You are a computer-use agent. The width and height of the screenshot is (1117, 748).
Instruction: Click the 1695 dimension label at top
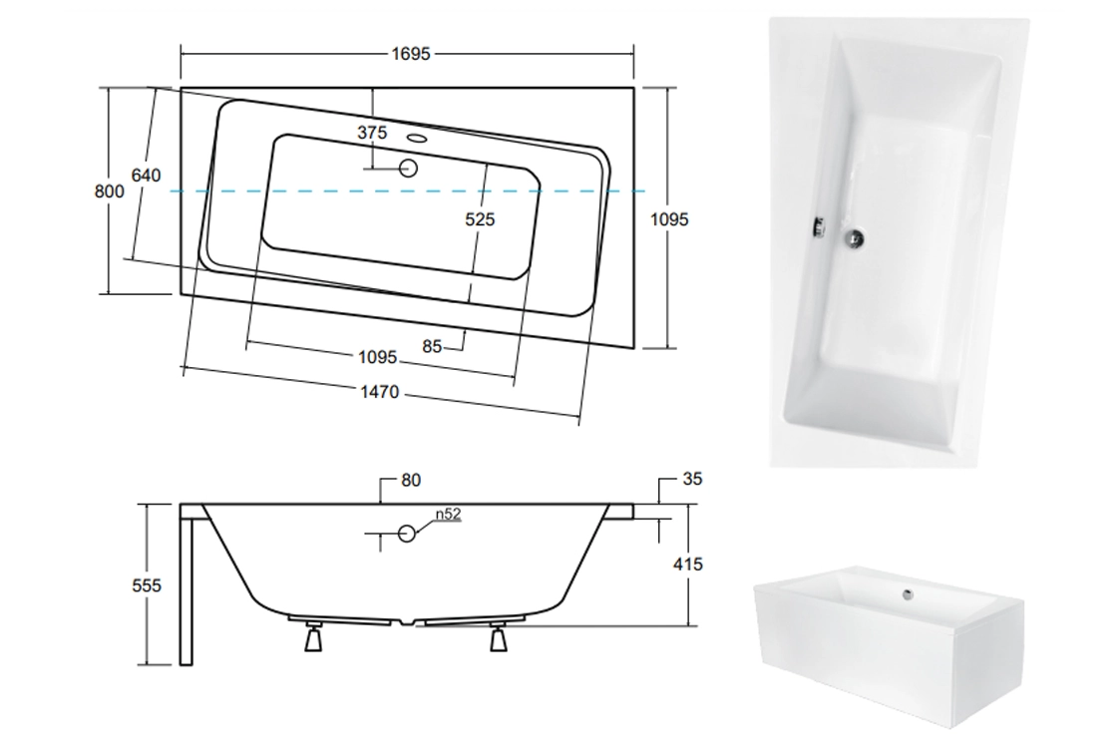point(410,54)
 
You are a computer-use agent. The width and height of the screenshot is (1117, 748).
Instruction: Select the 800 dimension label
point(109,190)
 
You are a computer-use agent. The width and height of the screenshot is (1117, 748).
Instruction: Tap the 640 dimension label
point(146,176)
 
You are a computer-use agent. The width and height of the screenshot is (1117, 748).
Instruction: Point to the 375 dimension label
point(372,133)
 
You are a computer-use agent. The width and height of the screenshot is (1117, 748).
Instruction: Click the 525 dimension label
point(480,219)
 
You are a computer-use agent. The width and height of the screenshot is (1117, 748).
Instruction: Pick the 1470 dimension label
point(380,392)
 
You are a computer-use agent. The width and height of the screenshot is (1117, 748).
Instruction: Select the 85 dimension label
point(432,346)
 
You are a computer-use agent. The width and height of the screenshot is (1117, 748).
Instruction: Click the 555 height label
point(147,585)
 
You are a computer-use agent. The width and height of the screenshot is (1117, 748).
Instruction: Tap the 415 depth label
point(687,564)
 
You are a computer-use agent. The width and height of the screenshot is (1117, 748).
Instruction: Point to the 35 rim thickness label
point(692,479)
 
